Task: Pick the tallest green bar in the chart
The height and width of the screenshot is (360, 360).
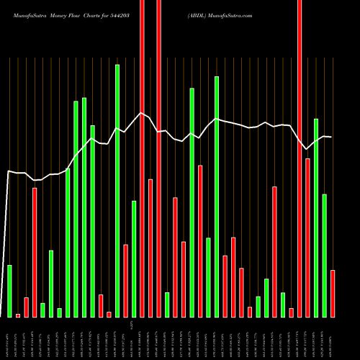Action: click(x=117, y=191)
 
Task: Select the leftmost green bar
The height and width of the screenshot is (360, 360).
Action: click(x=9, y=291)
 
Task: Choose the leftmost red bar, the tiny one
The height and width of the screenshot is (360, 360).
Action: click(x=18, y=315)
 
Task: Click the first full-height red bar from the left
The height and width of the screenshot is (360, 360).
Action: click(x=142, y=158)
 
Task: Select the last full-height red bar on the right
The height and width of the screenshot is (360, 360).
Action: click(x=300, y=158)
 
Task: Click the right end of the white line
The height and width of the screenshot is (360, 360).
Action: click(x=331, y=137)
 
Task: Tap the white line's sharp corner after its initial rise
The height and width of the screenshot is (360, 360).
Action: click(x=9, y=171)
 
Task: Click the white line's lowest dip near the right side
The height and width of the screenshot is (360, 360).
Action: click(x=307, y=149)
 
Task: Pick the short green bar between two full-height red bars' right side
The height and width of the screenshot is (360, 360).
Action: click(x=167, y=305)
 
